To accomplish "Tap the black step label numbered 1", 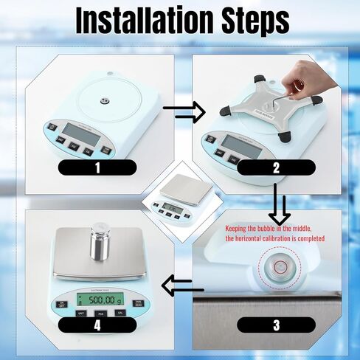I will pyautogui.click(x=96, y=167).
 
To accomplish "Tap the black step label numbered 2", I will pyautogui.click(x=275, y=167).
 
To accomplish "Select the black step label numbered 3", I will pyautogui.click(x=275, y=323).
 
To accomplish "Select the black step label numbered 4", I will pyautogui.click(x=96, y=323).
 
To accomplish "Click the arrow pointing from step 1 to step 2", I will pyautogui.click(x=182, y=112).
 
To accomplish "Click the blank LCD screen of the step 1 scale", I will pyautogui.click(x=77, y=134).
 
